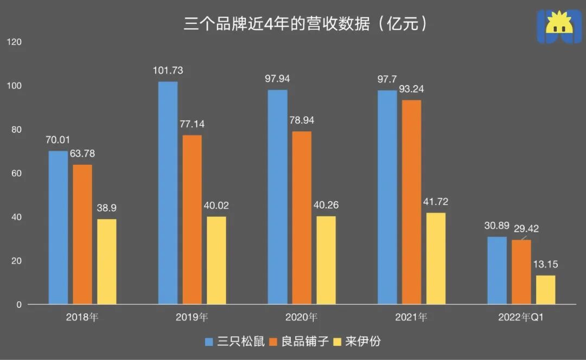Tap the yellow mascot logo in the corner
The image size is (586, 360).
[x=558, y=27]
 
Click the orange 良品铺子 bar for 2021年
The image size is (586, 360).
[x=411, y=202]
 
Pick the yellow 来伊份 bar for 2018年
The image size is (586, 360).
[x=107, y=261]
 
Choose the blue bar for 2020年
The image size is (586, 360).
[x=278, y=197]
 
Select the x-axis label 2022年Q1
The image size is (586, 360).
[x=521, y=318]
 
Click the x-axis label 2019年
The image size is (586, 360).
[x=192, y=318]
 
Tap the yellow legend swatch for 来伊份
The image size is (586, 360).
[x=337, y=342]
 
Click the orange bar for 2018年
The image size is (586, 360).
[x=82, y=234]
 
